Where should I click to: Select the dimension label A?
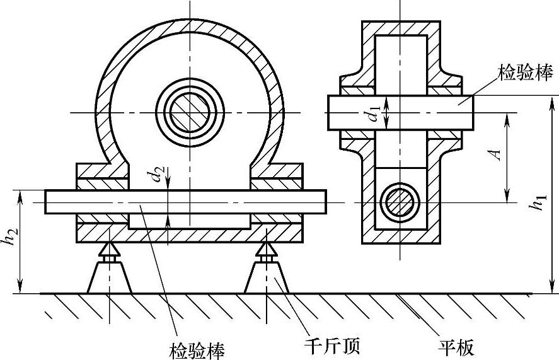pos(497,155)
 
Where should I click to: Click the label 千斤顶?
pos(331,345)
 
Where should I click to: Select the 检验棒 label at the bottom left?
pos(197,347)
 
